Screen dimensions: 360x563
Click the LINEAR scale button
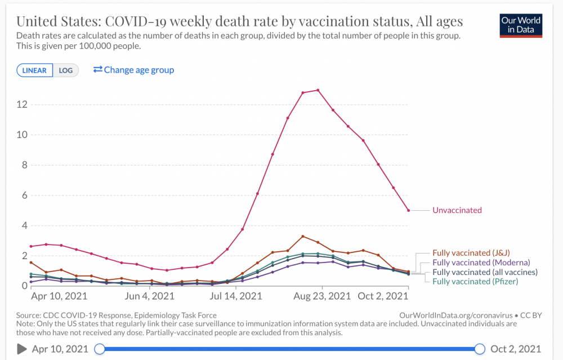tap(35, 70)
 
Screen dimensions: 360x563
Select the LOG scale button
tap(66, 70)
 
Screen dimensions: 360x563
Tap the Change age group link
tap(134, 70)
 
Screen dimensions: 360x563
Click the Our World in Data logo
tap(521, 25)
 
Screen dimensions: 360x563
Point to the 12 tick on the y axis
tap(21, 104)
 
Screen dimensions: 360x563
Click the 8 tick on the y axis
tap(23, 165)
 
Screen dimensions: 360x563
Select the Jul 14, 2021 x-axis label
tap(236, 296)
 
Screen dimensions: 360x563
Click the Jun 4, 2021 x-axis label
tap(149, 296)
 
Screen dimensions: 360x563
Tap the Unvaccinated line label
tap(457, 210)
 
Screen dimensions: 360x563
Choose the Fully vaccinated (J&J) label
tap(471, 253)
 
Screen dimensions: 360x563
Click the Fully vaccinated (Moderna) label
tap(481, 263)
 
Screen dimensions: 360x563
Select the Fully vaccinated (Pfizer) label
tap(475, 281)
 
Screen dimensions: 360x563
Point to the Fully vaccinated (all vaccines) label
tap(485, 272)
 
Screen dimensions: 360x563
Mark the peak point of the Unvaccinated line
tap(318, 90)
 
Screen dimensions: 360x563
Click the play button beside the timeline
tap(22, 349)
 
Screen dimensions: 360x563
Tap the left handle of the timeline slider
tap(99, 349)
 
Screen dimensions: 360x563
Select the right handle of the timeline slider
tap(480, 349)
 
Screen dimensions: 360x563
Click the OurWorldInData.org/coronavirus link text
tap(454, 315)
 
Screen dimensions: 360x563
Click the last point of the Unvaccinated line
tap(409, 210)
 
